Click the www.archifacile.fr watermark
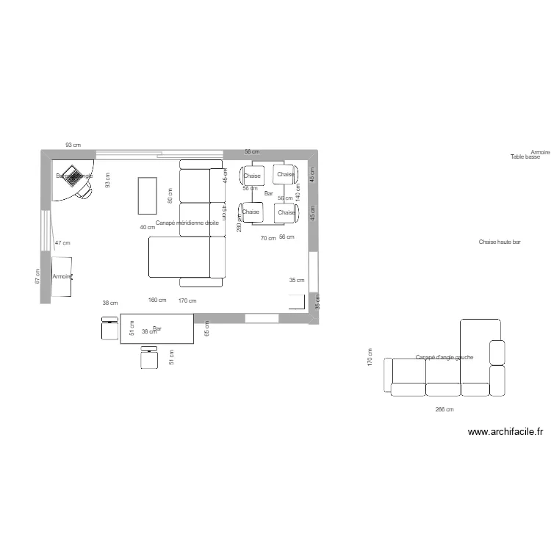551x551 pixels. pos(505,433)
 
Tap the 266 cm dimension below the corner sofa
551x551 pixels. pos(444,410)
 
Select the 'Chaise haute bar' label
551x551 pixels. pos(500,242)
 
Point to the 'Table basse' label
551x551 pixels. pos(525,157)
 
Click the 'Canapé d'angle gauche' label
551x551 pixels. pos(444,358)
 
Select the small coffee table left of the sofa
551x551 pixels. pos(148,195)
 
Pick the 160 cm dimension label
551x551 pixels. pos(157,300)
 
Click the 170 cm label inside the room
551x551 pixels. pos(187,300)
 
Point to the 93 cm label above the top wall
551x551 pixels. pos(73,145)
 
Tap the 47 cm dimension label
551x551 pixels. pos(62,242)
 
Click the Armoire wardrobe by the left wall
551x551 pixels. pos(62,276)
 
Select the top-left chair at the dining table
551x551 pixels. pos(251,176)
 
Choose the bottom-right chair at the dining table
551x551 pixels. pos(285,212)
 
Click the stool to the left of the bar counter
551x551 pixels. pos(110,328)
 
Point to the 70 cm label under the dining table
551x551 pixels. pos(268,238)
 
